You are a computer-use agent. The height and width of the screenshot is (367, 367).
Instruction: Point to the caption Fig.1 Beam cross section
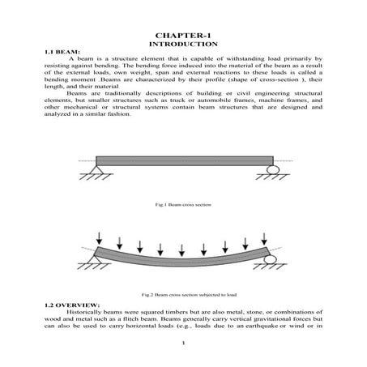(x=183, y=204)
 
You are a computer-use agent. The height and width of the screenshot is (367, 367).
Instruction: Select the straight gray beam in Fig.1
(x=183, y=160)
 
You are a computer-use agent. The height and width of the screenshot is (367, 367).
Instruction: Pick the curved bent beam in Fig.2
(x=183, y=260)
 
